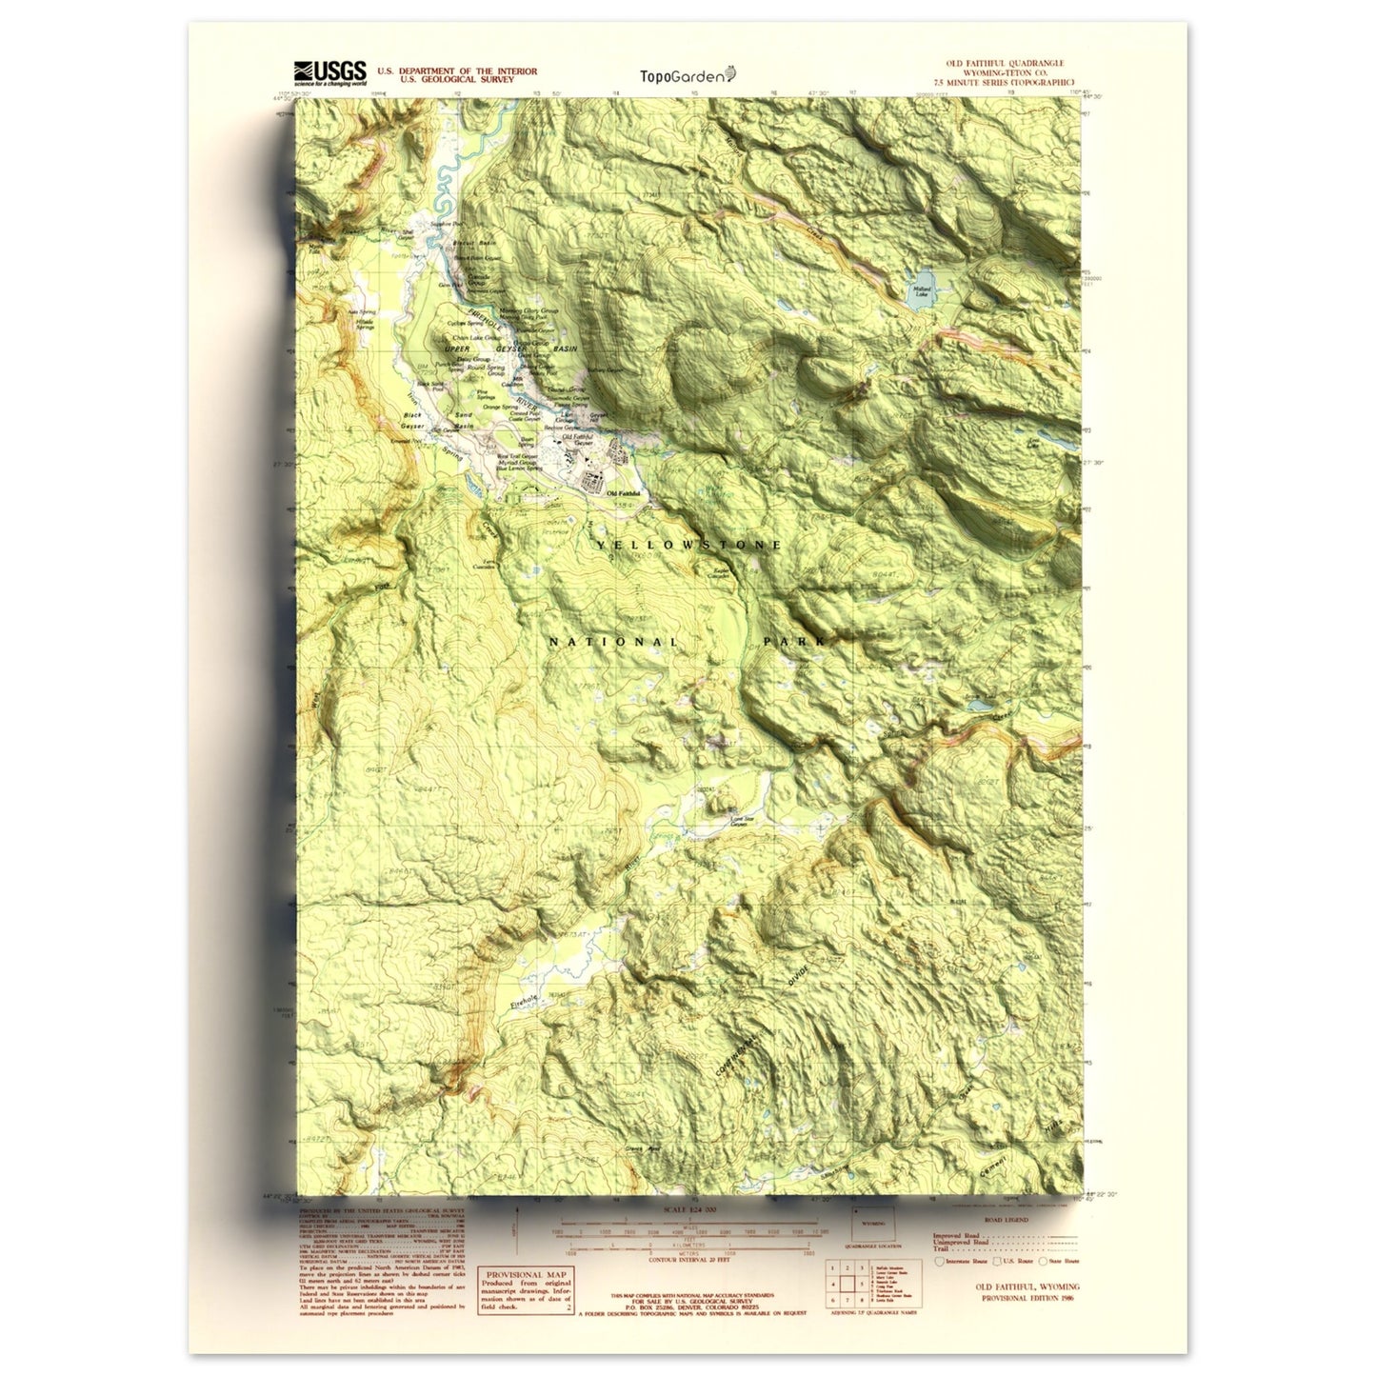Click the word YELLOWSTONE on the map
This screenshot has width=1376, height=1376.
tap(689, 545)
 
